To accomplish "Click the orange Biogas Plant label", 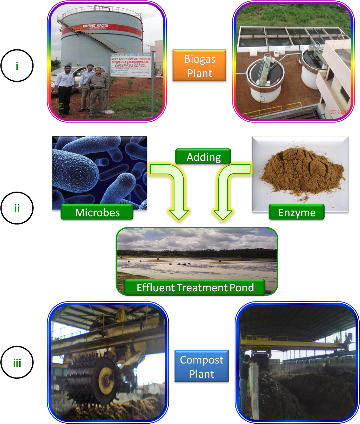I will (x=199, y=66).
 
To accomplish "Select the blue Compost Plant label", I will (x=201, y=367).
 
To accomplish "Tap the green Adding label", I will (x=203, y=157).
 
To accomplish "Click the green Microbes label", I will (x=97, y=212).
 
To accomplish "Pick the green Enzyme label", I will (x=297, y=212).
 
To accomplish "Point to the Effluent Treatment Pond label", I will (x=195, y=287).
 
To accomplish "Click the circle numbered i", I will (x=17, y=66).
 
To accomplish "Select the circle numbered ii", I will (x=17, y=208).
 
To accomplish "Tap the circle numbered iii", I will (x=17, y=362).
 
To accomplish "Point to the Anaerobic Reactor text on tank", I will (x=95, y=26).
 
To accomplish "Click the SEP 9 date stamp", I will (x=339, y=112).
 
